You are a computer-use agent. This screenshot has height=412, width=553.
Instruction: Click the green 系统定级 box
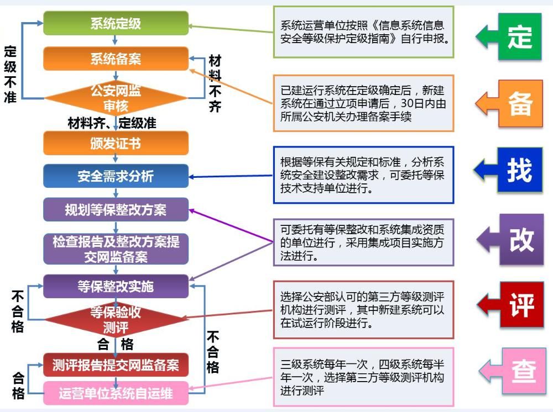click(116, 24)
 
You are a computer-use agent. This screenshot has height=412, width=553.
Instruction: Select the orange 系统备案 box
click(116, 59)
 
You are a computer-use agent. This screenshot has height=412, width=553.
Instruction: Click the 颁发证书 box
click(116, 144)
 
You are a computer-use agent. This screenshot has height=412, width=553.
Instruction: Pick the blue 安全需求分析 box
click(116, 177)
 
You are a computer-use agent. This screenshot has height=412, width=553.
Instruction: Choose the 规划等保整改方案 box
click(116, 210)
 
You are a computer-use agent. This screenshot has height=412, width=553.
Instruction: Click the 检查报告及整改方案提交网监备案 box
click(116, 249)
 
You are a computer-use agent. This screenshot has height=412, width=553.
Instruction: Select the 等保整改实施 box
click(116, 286)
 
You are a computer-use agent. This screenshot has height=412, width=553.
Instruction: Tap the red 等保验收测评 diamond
click(116, 320)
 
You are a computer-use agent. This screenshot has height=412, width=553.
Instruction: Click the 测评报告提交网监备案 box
click(116, 365)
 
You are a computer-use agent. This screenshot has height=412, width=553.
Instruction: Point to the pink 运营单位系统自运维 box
click(116, 393)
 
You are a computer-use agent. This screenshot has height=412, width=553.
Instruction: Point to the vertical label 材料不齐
click(215, 83)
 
